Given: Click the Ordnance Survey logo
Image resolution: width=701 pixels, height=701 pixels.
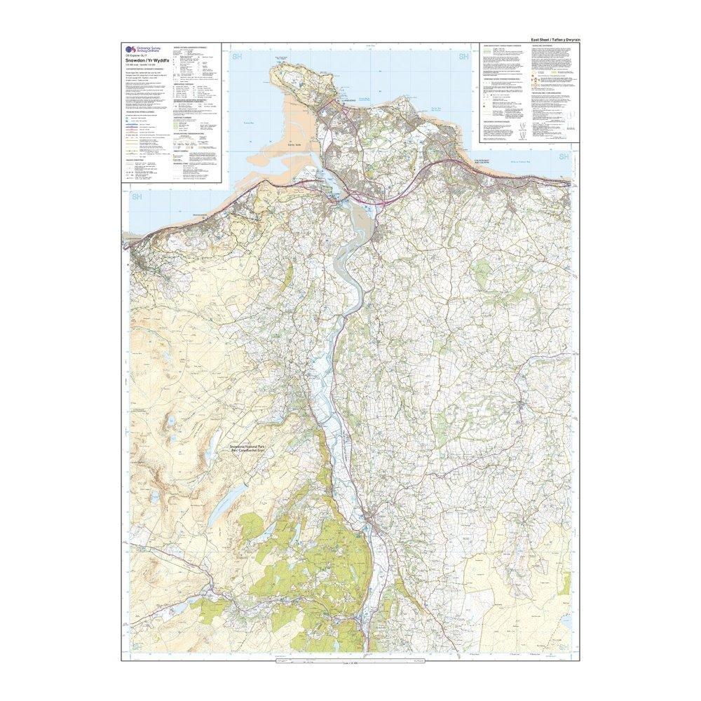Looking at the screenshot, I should [x=128, y=48].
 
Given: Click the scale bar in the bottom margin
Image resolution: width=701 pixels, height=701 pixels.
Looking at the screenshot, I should [x=350, y=661].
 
